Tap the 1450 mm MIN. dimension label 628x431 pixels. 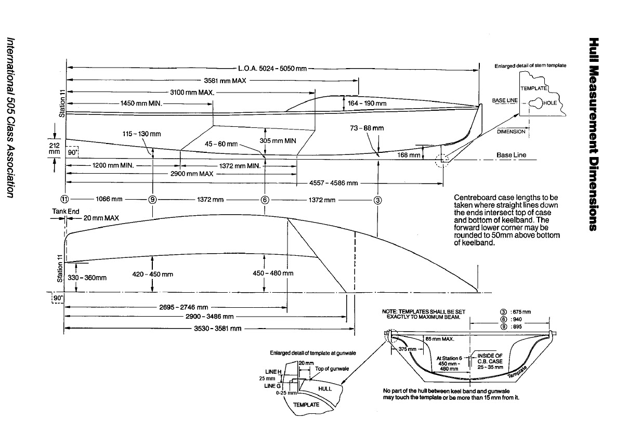pos(141,103)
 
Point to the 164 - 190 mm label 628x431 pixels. pos(368,103)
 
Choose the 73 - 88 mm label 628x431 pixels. pos(368,128)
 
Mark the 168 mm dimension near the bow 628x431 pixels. pos(409,155)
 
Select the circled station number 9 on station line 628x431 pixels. pos(152,199)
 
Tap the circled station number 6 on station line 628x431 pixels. pos(265,199)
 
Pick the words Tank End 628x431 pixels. pos(66,212)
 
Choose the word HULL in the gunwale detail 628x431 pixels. pos(324,388)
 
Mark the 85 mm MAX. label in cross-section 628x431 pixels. pos(440,338)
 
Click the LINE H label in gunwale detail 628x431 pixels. pos(272,372)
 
